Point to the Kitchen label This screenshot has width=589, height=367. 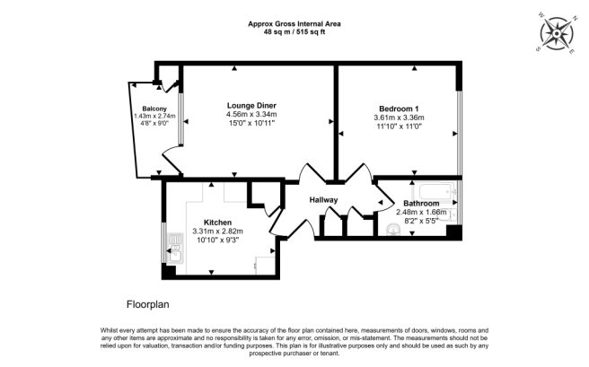point(217,222)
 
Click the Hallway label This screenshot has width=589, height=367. point(325,199)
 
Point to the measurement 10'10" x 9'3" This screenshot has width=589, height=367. point(217,240)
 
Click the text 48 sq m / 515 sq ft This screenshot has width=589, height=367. point(294,31)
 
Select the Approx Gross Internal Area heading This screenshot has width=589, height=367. point(294,22)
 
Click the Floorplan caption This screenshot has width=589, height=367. point(148,304)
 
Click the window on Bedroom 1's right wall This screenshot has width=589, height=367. point(459,126)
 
